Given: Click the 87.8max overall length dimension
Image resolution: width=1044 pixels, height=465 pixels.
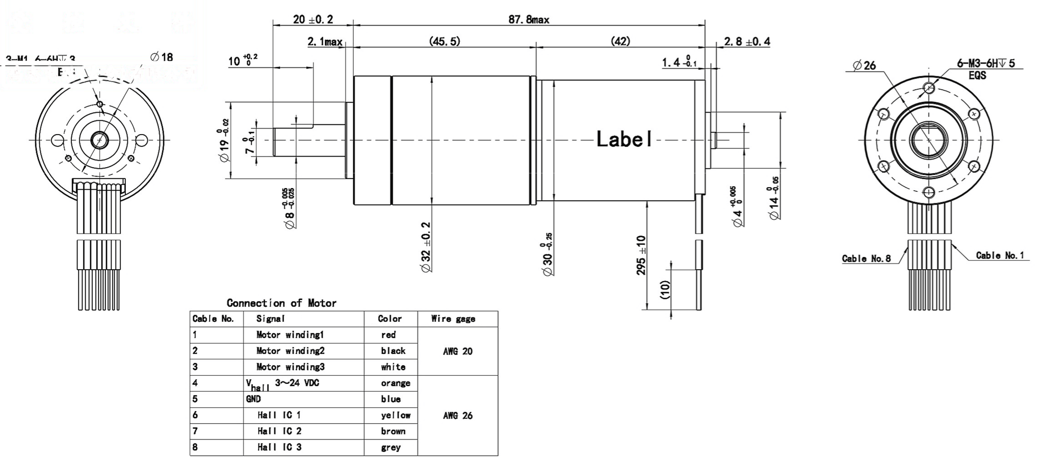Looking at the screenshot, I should pyautogui.click(x=529, y=19).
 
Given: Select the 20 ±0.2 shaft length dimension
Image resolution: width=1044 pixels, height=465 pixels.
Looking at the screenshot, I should pyautogui.click(x=312, y=19).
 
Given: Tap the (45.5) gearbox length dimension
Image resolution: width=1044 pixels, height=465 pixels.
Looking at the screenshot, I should pyautogui.click(x=444, y=41).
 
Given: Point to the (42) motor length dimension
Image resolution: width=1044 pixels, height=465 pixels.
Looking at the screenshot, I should pyautogui.click(x=620, y=41).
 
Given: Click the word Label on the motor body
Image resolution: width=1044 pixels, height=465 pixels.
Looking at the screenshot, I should pyautogui.click(x=624, y=139).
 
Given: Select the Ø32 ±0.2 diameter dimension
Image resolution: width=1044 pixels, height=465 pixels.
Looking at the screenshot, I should pyautogui.click(x=426, y=247).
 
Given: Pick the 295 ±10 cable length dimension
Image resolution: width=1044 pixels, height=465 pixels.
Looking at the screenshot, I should pyautogui.click(x=641, y=255).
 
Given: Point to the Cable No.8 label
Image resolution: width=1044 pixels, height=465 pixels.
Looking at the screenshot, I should pyautogui.click(x=866, y=259).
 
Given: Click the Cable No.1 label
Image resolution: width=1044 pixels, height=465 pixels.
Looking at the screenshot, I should pyautogui.click(x=1000, y=255).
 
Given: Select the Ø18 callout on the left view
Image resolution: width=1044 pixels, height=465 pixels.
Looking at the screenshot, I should pyautogui.click(x=162, y=57).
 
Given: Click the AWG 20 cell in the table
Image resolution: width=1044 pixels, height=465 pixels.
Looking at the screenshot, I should pyautogui.click(x=457, y=351).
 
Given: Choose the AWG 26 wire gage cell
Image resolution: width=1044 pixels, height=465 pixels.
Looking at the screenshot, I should pyautogui.click(x=457, y=416).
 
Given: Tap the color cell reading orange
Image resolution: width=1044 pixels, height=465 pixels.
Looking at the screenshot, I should pyautogui.click(x=395, y=383).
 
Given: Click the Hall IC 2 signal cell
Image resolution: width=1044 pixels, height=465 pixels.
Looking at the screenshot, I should pyautogui.click(x=279, y=431).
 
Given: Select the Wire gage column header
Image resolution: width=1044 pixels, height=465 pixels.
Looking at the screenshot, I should pyautogui.click(x=453, y=319).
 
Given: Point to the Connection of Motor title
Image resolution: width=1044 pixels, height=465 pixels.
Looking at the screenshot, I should pyautogui.click(x=281, y=303).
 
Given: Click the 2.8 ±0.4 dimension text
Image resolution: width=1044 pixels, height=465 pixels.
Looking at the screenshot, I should pyautogui.click(x=747, y=42).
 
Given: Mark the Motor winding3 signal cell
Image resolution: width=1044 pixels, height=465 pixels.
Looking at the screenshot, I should pyautogui.click(x=290, y=367).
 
